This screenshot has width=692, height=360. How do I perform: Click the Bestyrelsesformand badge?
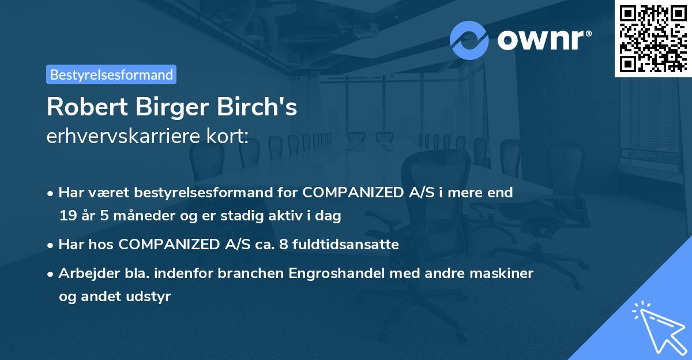pyautogui.click(x=111, y=74)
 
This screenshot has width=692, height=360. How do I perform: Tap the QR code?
pyautogui.click(x=652, y=38)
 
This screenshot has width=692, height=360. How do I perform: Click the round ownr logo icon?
pyautogui.click(x=469, y=40)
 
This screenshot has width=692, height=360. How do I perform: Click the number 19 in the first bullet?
pyautogui.click(x=67, y=216)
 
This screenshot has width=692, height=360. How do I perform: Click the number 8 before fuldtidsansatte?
pyautogui.click(x=283, y=245)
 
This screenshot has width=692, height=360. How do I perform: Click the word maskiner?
pyautogui.click(x=506, y=273)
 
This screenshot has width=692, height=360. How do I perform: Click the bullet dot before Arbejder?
pyautogui.click(x=51, y=273)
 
